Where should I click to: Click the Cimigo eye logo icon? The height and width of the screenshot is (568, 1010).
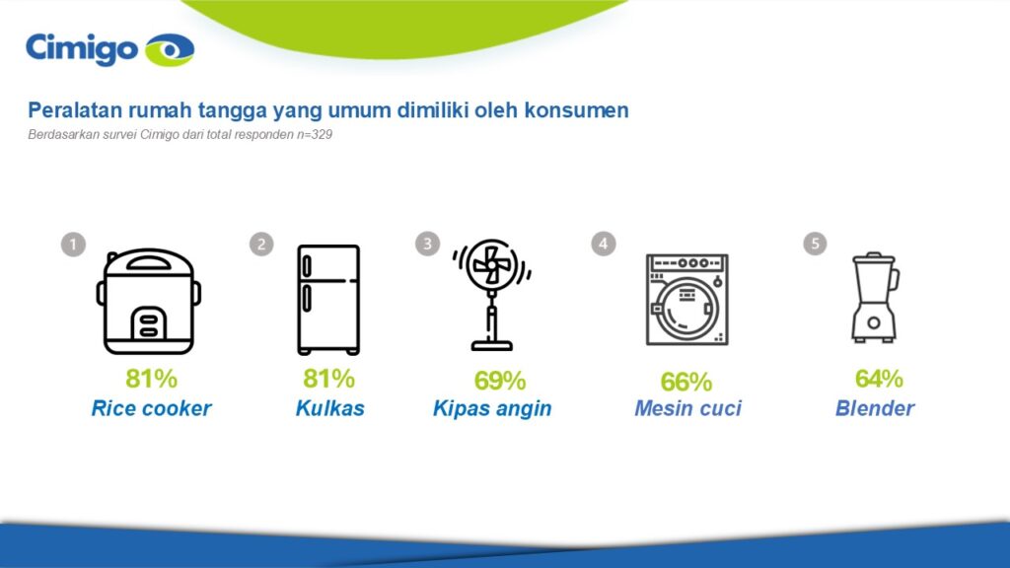point(170,50)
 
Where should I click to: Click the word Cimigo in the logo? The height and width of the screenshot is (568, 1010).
point(82,49)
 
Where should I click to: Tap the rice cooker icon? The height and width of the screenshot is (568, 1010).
point(149,302)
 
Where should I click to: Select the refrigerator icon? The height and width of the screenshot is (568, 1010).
point(328,300)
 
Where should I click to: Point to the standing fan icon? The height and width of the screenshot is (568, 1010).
point(491,295)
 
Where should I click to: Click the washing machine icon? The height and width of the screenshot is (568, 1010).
point(687,300)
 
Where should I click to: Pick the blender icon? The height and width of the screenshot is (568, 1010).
point(875,297)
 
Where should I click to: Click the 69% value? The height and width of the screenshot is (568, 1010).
point(500,381)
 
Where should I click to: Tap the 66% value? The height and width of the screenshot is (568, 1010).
point(686,382)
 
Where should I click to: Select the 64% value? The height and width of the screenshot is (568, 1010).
point(879,379)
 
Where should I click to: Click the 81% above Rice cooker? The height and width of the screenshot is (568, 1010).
point(151,379)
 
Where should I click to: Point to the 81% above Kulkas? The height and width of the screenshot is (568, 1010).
point(328,379)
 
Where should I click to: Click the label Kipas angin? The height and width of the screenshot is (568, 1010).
point(492,408)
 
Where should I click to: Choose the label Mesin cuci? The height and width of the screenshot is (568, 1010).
point(687,408)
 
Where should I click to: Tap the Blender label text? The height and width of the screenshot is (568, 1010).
point(875,408)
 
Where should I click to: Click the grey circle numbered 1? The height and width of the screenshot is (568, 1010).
point(73,245)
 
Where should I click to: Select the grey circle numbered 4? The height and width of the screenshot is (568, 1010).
point(604,244)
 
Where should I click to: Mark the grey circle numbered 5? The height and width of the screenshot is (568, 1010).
point(815,244)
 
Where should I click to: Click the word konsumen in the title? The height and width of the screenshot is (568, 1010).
point(576,110)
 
